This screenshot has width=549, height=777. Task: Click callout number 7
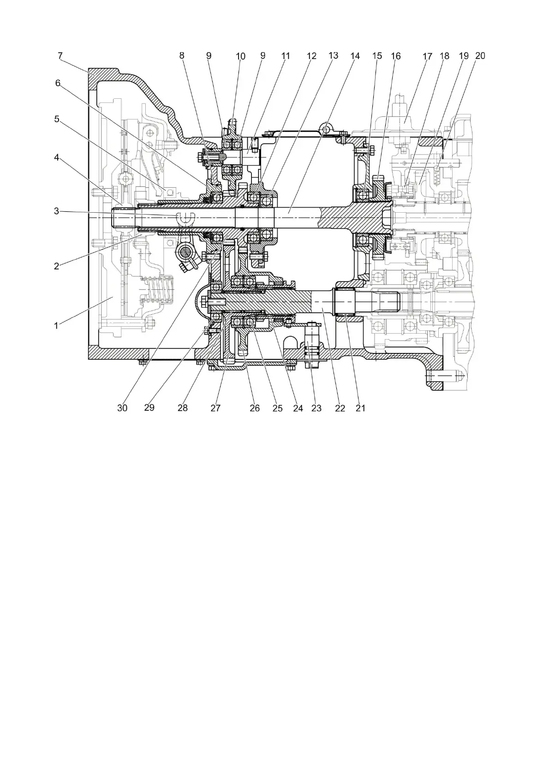click(x=60, y=55)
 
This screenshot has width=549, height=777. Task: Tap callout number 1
click(x=56, y=325)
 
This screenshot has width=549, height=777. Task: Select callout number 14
click(x=355, y=56)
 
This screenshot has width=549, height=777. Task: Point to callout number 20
click(x=480, y=55)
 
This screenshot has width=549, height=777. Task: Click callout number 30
click(x=122, y=408)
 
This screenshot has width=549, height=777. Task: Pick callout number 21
click(x=360, y=408)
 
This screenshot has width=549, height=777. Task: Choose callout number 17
click(x=427, y=56)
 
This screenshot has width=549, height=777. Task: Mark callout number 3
click(x=56, y=211)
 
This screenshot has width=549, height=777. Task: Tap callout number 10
click(x=240, y=56)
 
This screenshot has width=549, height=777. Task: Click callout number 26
click(x=255, y=408)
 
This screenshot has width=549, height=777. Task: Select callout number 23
click(x=316, y=408)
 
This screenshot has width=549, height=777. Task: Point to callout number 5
click(x=57, y=119)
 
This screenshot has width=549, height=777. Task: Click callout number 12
click(x=312, y=56)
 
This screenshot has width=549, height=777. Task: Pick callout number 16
click(x=396, y=56)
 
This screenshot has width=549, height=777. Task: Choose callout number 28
click(x=183, y=408)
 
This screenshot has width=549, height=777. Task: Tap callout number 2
click(x=56, y=266)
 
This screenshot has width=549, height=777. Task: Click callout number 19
click(x=464, y=55)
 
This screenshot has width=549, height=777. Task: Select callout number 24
click(x=298, y=408)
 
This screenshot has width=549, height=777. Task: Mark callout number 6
click(x=58, y=83)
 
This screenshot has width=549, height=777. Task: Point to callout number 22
click(x=340, y=408)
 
